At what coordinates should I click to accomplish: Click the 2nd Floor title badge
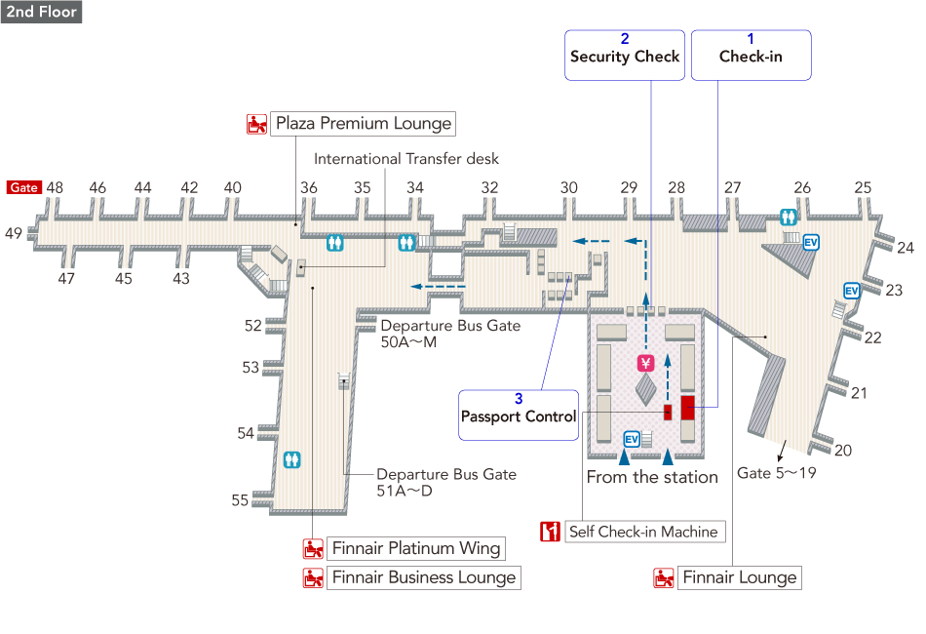tap(41, 13)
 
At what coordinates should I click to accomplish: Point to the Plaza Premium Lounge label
tap(363, 124)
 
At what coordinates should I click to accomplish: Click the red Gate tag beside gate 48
tap(23, 187)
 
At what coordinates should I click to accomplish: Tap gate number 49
tap(13, 233)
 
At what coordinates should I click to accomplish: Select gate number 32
tap(489, 187)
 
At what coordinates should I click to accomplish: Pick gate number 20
tap(843, 450)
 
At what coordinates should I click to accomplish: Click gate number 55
tap(240, 500)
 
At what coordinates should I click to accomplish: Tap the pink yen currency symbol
tap(644, 363)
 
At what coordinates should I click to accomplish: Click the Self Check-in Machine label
tap(645, 532)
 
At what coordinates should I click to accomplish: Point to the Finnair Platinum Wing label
tap(416, 547)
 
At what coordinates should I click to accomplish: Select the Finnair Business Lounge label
tap(423, 577)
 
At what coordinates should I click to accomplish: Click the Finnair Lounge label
tap(739, 577)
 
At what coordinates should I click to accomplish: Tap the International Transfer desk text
tap(406, 158)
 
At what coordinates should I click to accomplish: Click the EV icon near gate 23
tap(851, 291)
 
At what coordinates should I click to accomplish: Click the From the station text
tap(652, 477)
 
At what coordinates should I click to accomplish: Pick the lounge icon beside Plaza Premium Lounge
tap(257, 124)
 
